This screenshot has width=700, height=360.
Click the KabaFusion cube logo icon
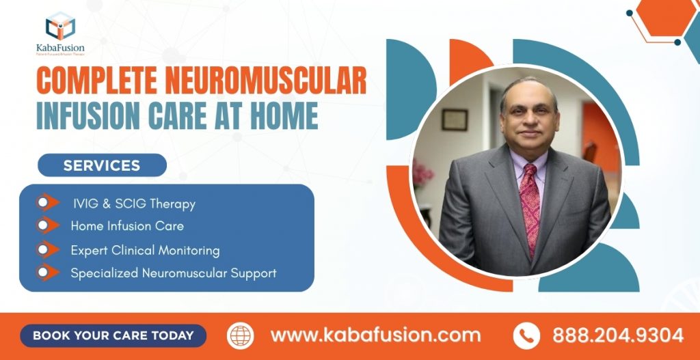[x=59, y=27]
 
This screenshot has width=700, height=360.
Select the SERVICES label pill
[x=102, y=165]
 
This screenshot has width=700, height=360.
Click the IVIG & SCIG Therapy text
[x=134, y=204]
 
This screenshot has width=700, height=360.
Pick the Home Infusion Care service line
[x=127, y=225]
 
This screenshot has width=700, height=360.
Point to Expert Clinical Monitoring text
[x=145, y=250]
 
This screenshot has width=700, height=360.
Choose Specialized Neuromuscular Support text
[x=174, y=273]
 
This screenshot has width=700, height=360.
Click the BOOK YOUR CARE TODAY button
[x=113, y=335]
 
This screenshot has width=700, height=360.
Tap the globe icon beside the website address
[x=241, y=335]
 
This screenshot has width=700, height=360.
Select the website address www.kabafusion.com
[x=375, y=335]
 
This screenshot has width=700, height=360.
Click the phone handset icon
[x=526, y=335]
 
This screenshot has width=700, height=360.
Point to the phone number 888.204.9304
[x=618, y=335]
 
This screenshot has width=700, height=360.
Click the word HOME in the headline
[x=284, y=116]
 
